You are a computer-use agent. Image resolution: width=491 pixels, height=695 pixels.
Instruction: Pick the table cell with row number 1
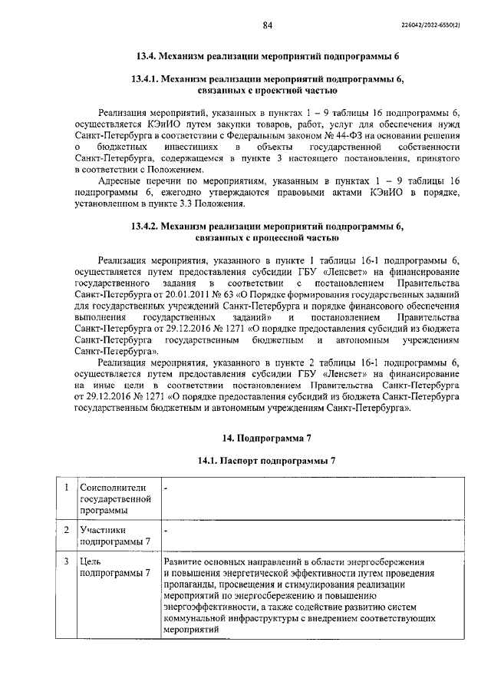[67, 488]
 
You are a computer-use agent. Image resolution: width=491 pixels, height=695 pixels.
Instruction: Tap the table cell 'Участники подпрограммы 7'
[114, 536]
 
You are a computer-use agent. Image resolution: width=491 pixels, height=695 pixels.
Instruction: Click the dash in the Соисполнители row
[166, 488]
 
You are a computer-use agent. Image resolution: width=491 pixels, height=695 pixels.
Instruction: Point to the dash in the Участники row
[166, 530]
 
